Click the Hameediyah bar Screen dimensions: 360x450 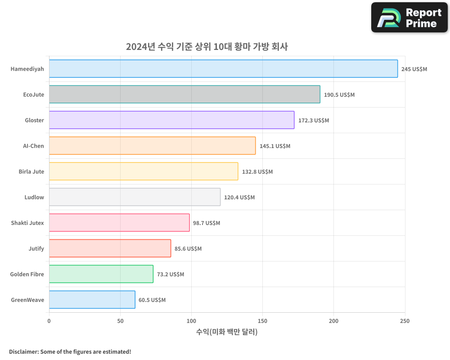(x=223, y=69)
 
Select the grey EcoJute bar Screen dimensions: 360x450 (x=184, y=94)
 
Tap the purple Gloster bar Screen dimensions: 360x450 (x=171, y=120)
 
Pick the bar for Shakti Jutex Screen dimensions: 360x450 (x=119, y=223)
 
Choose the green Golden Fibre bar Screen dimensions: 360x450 (x=101, y=274)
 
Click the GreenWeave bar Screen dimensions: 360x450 (x=92, y=300)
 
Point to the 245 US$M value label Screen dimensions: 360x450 (x=414, y=69)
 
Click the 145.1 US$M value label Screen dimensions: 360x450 (x=275, y=146)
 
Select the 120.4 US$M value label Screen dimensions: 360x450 (x=239, y=198)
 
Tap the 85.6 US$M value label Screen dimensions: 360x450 (x=188, y=249)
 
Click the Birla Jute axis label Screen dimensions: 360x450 (x=31, y=171)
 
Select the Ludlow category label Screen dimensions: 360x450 (x=34, y=197)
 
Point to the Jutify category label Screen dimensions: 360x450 (x=36, y=248)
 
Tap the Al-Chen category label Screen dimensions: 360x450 (x=33, y=146)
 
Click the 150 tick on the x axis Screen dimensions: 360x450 (x=262, y=321)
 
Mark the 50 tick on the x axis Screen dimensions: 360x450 (x=120, y=321)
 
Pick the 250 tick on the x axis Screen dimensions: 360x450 (x=405, y=321)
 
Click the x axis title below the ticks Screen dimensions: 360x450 (x=227, y=332)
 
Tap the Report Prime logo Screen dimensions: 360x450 (x=409, y=18)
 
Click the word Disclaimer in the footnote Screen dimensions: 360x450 (x=23, y=351)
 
